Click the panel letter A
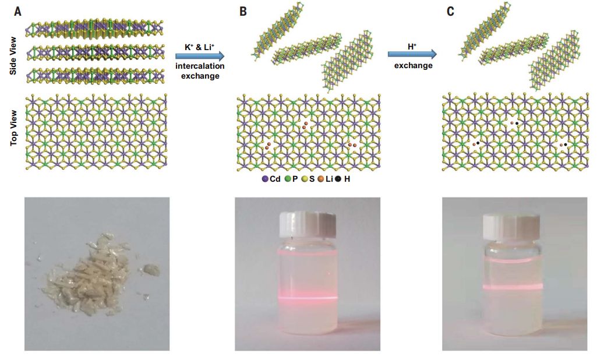17,11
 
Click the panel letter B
243,11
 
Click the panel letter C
450,11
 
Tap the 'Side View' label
13,55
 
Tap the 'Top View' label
13,128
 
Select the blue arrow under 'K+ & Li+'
200,57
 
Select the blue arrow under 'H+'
412,54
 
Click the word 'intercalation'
200,66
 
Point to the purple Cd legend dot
265,179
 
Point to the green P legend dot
287,179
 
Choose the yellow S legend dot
304,179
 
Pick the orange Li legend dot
321,179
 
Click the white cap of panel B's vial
308,225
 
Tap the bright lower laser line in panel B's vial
308,298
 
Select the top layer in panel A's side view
94,29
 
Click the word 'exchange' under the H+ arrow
414,65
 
